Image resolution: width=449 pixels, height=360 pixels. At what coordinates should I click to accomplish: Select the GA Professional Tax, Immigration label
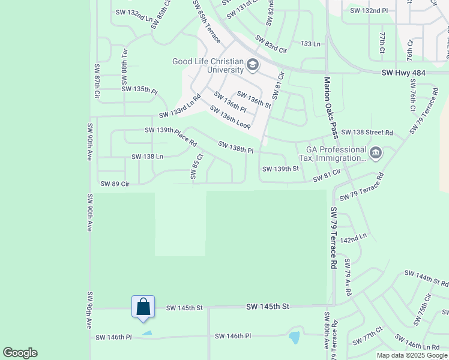coord(336,154)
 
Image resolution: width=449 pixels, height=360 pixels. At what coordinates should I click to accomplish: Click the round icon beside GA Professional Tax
coord(376,154)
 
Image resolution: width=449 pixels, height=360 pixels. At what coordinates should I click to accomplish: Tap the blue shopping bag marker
coord(143,307)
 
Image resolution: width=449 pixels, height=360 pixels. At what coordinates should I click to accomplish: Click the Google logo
coord(20,353)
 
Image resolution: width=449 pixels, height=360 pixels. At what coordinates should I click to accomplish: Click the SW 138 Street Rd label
coord(367,132)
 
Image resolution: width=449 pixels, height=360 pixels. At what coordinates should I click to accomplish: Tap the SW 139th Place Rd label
coord(170,136)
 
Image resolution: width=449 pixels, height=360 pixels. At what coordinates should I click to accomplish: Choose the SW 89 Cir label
coord(115,184)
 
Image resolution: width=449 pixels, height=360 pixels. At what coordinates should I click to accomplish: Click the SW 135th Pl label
coord(139,89)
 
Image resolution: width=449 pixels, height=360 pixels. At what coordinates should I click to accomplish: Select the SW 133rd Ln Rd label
coord(179,106)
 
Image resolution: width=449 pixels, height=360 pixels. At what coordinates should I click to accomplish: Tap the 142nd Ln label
coord(353,238)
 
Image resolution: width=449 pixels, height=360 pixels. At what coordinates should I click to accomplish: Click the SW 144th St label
coord(426,278)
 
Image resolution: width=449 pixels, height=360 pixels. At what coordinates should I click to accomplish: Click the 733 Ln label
coord(310,44)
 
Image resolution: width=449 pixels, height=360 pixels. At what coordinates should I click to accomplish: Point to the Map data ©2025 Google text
coord(411,355)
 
